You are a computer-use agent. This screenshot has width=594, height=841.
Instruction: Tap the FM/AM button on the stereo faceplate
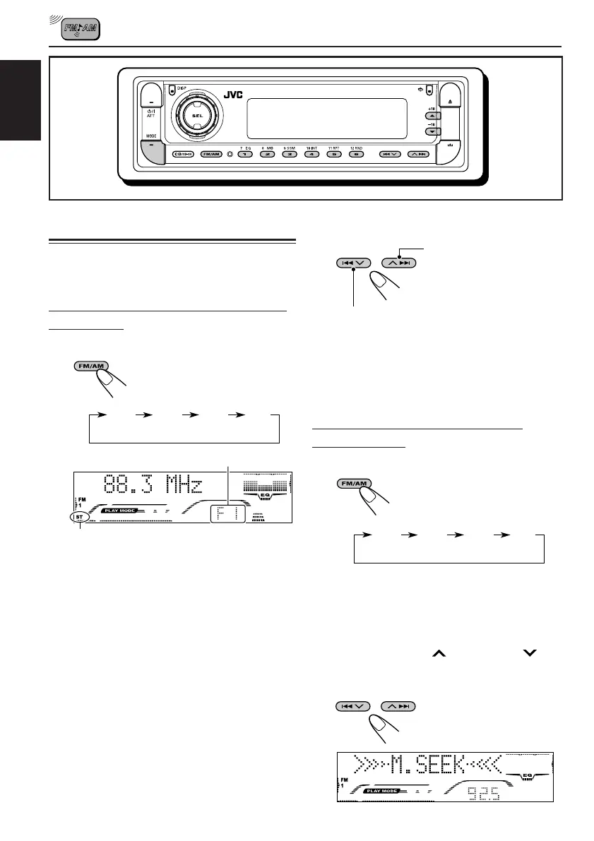coord(210,153)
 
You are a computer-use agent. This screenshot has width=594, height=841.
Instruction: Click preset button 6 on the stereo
coord(357,153)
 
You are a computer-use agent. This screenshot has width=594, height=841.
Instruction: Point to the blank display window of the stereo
coord(326,118)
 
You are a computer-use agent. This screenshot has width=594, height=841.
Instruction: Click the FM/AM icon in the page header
coord(81,28)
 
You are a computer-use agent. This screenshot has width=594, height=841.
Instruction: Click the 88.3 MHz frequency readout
coord(152,486)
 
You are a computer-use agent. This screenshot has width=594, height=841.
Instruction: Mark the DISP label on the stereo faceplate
coord(182,89)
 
